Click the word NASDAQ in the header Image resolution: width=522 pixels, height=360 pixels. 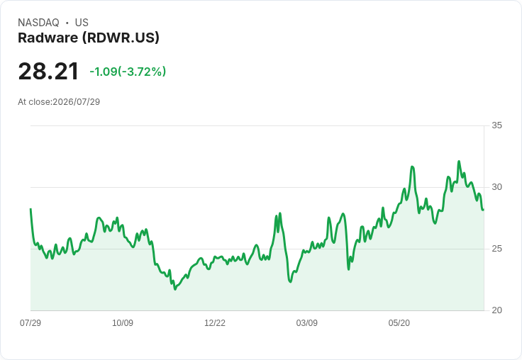tap(38, 23)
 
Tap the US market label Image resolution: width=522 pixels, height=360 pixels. tap(82, 23)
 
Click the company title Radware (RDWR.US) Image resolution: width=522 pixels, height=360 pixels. tap(89, 38)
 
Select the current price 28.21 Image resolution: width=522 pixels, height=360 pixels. tap(48, 72)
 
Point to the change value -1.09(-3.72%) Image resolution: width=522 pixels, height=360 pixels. tap(128, 72)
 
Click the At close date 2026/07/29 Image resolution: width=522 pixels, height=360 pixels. tap(76, 102)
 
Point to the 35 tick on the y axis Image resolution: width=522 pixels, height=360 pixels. tap(496, 125)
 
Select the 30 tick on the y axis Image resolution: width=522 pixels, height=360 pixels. tap(496, 187)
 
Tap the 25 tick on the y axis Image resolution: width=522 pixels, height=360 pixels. tap(496, 249)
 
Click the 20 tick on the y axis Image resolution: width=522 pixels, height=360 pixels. tap(496, 310)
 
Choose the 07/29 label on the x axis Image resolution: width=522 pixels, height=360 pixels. tap(30, 322)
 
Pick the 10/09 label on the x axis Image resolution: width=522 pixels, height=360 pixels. tap(123, 322)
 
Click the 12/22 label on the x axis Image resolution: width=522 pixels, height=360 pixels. tap(215, 322)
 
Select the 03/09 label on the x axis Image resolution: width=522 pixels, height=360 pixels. tap(306, 322)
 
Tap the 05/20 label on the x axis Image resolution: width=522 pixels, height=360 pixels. tap(399, 322)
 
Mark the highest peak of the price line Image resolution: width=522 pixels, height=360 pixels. tap(459, 162)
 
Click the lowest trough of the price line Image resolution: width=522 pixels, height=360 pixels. tap(175, 289)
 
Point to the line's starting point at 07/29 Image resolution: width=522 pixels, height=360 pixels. tap(30, 209)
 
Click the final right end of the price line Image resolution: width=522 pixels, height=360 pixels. tap(483, 210)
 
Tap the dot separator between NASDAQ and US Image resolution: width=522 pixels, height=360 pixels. tap(67, 23)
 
